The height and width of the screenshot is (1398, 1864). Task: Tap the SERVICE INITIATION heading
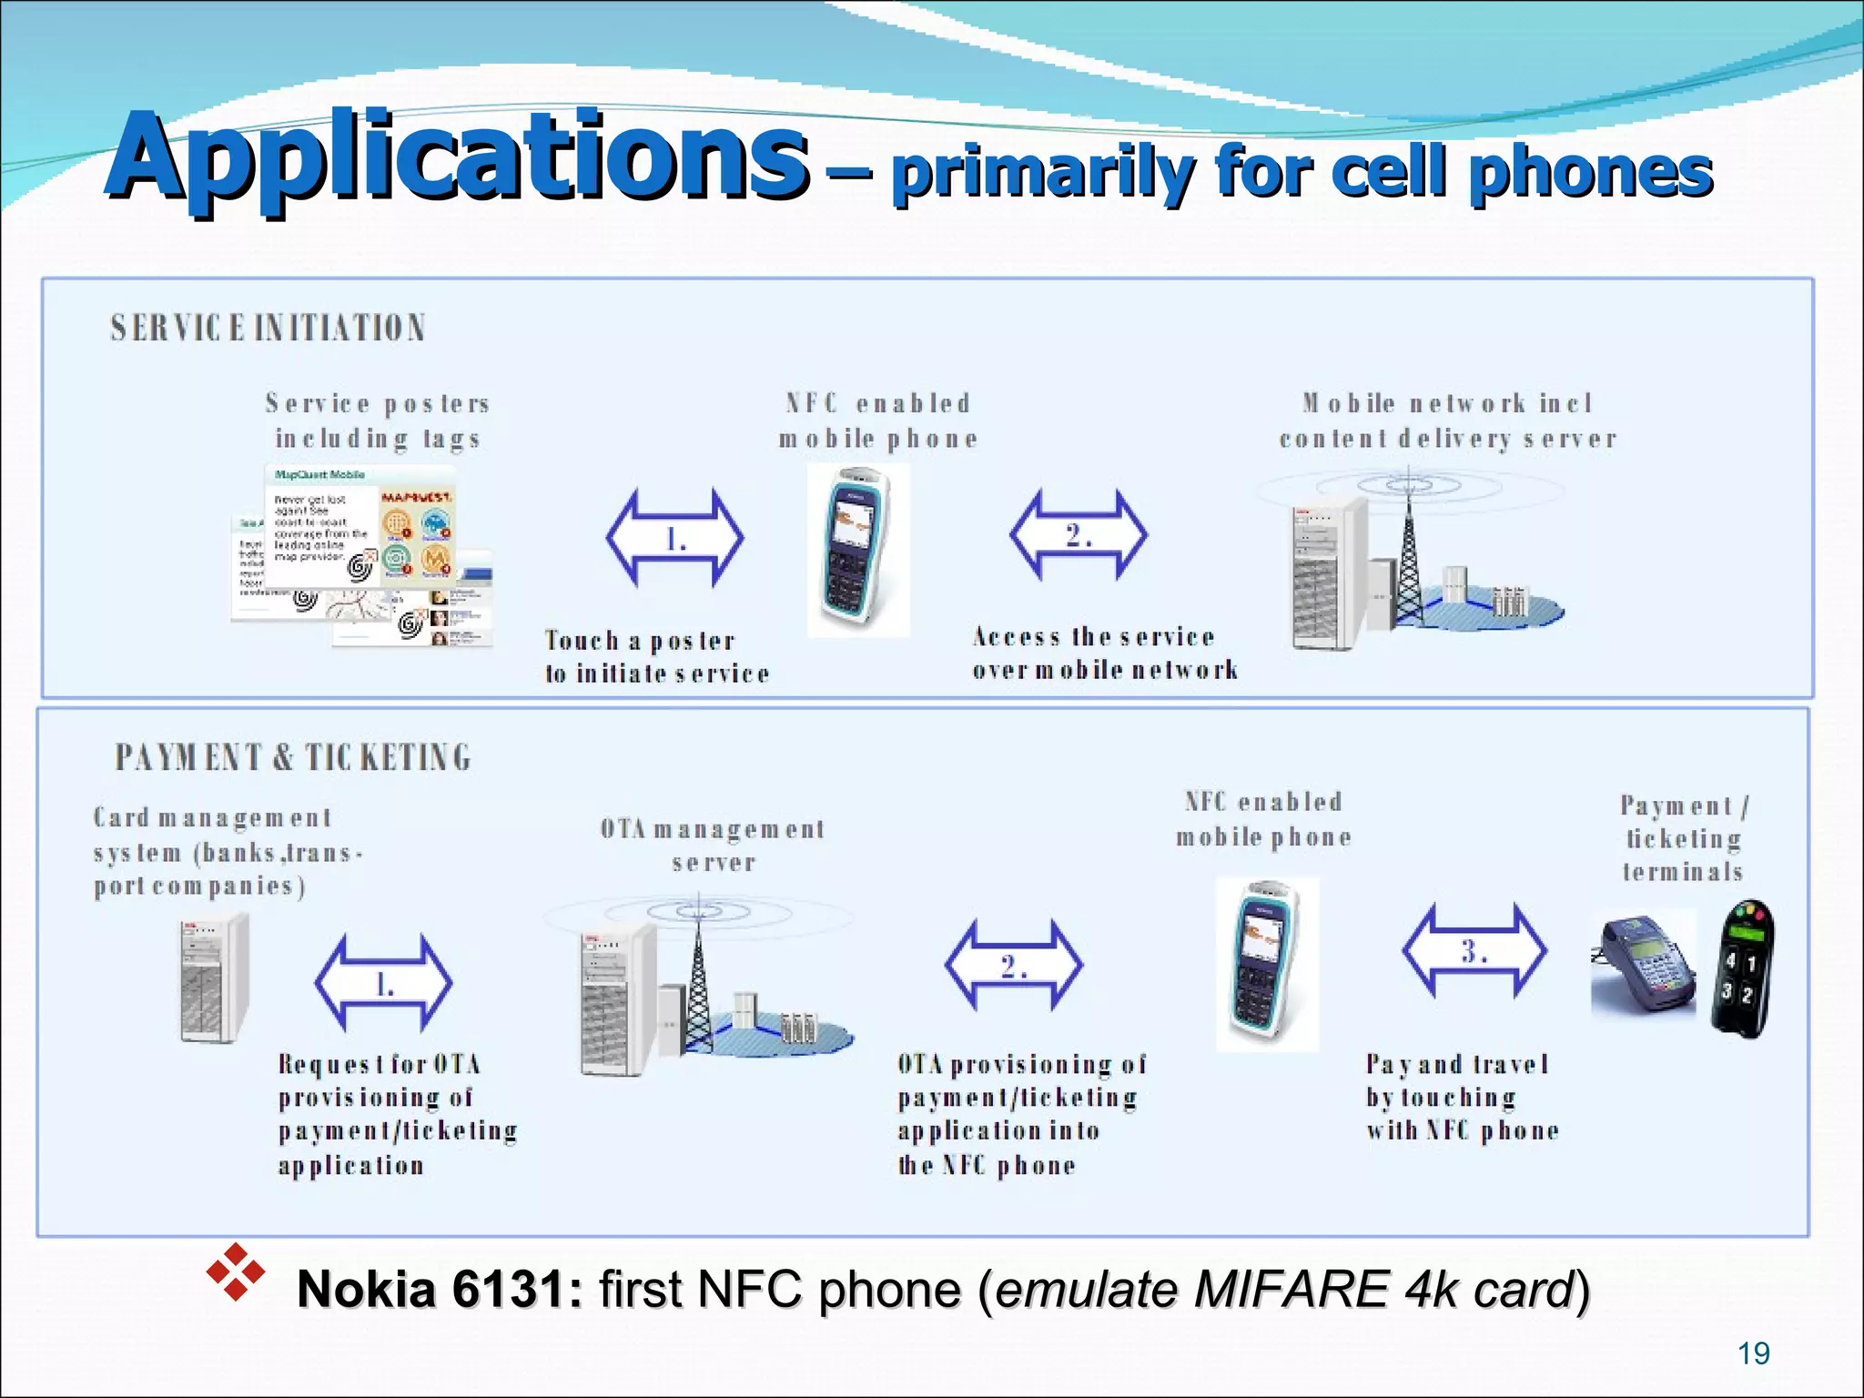point(268,328)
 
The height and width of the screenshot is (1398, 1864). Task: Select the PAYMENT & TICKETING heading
point(292,757)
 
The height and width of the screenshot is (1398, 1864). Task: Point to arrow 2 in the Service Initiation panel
point(1079,535)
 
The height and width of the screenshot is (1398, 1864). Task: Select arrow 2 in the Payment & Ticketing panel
point(1014,966)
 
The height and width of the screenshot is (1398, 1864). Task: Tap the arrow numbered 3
point(1474,951)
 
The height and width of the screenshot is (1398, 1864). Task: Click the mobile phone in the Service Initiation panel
point(858,549)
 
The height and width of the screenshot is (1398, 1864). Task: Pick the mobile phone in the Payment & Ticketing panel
point(1267,963)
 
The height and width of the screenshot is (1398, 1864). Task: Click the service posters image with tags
point(363,555)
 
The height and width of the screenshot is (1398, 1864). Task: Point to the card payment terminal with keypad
point(1644,967)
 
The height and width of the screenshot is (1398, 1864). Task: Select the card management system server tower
point(213,979)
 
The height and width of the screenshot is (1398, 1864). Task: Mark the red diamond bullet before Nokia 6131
point(235,1271)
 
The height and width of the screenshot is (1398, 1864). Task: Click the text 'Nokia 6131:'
point(440,1290)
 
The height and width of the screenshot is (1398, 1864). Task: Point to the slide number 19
point(1753,1353)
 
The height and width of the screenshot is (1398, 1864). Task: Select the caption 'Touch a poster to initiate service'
point(656,657)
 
